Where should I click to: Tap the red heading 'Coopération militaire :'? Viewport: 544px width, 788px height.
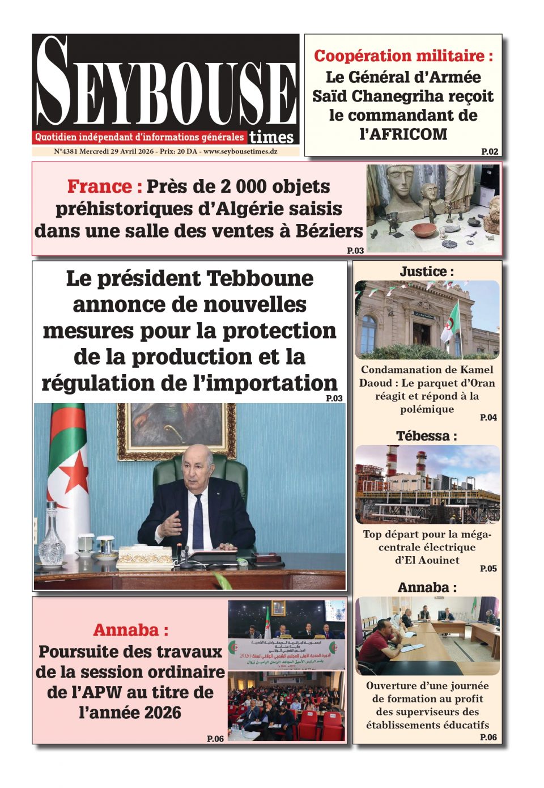click(403, 56)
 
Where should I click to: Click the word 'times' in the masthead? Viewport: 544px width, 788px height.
click(272, 137)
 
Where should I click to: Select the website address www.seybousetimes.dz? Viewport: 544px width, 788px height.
click(240, 152)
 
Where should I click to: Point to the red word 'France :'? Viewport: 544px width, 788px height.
click(104, 187)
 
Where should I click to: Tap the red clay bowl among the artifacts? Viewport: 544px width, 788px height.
click(424, 230)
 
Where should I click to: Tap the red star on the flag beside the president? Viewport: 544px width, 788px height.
click(74, 471)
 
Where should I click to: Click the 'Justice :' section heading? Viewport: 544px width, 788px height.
click(427, 272)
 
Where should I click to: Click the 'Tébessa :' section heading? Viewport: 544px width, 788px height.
click(427, 436)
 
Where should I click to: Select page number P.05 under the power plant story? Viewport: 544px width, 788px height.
click(488, 569)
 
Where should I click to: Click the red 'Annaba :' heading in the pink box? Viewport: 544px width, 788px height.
click(130, 630)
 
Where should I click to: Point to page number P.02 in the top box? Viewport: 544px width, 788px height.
click(490, 151)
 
